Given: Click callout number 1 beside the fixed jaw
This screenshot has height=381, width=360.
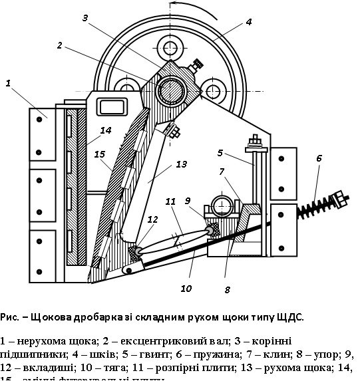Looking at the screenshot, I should pos(9,83).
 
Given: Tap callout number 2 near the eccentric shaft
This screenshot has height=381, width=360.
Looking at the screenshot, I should pos(59,45).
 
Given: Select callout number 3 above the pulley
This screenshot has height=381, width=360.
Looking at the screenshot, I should pos(85,18).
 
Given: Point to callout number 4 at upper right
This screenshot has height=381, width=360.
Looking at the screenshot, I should pos(248,21).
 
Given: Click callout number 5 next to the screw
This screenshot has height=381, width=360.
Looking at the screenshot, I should pos(220,152).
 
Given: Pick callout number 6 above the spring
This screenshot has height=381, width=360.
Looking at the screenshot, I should pos(319,158).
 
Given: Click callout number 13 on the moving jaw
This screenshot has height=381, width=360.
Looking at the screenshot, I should pos(182,164).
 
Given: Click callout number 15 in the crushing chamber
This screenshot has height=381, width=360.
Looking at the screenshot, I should pos(99,154).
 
